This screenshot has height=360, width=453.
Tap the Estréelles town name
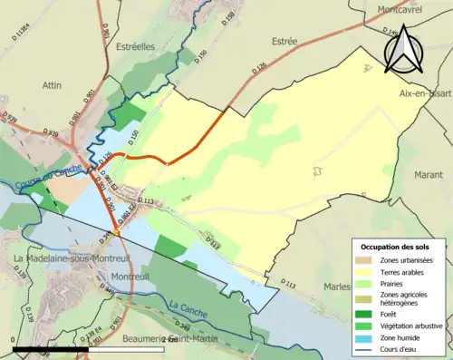pos(140,46)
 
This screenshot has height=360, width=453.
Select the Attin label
pos(50,84)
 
